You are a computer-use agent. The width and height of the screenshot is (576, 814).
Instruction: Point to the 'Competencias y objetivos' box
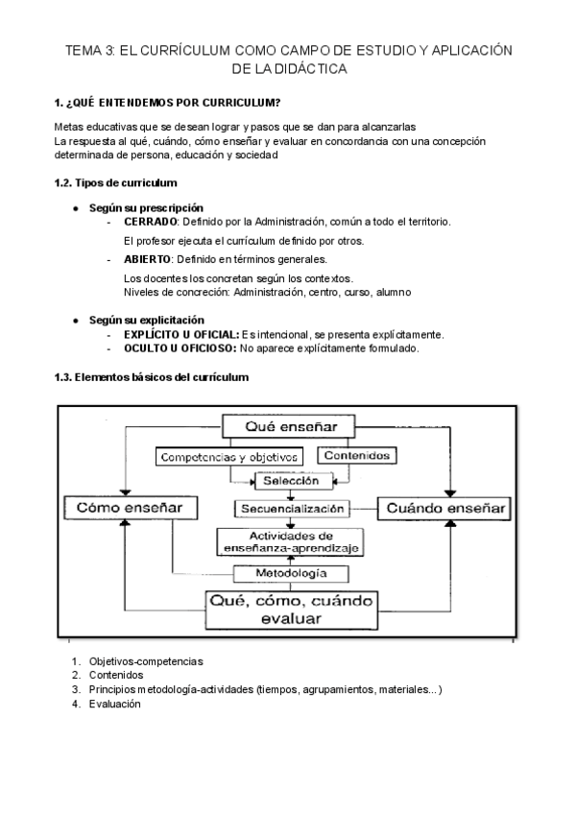(x=230, y=457)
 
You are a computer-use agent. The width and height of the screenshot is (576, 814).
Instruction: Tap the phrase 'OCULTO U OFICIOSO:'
(x=180, y=348)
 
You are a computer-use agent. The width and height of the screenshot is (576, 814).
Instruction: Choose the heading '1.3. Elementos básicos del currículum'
(x=152, y=377)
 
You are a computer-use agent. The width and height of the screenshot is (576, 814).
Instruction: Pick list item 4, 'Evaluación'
(x=114, y=704)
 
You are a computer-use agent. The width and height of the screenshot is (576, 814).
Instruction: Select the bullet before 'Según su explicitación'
(x=76, y=320)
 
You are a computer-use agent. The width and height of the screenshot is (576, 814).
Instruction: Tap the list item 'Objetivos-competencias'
(x=146, y=661)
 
